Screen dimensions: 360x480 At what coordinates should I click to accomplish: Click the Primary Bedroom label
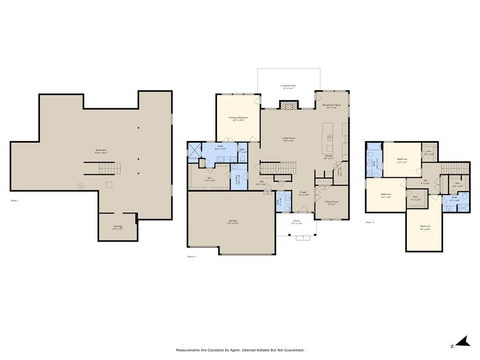[x=238, y=118]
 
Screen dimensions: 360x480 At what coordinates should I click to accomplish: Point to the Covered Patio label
[x=288, y=86]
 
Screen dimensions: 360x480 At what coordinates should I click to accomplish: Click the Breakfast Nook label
[x=331, y=106]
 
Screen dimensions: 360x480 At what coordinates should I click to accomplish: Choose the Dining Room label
[x=331, y=202]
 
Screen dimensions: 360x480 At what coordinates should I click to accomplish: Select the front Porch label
[x=296, y=222]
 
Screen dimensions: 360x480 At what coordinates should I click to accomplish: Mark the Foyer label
[x=303, y=193]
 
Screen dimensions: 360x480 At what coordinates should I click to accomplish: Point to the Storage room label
[x=117, y=227]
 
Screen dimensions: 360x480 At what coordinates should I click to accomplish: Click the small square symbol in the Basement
[x=109, y=185]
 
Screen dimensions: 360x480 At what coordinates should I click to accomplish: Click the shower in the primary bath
[x=193, y=151]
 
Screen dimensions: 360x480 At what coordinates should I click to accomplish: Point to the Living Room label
[x=288, y=138]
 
